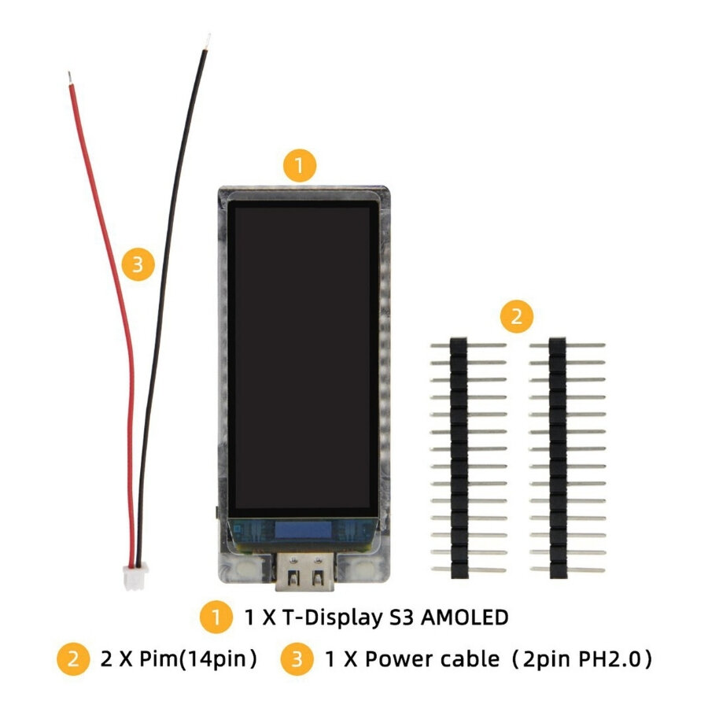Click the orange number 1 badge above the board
(x=300, y=166)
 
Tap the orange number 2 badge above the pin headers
(x=517, y=316)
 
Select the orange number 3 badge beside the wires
(x=138, y=264)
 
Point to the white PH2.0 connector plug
(x=135, y=578)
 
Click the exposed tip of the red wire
(x=69, y=78)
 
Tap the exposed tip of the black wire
(x=207, y=42)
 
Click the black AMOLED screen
(x=303, y=359)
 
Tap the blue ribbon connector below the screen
(x=303, y=530)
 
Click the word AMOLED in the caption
(x=465, y=618)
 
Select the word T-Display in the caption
(x=332, y=618)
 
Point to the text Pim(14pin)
(x=198, y=658)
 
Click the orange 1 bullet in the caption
(x=216, y=617)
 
